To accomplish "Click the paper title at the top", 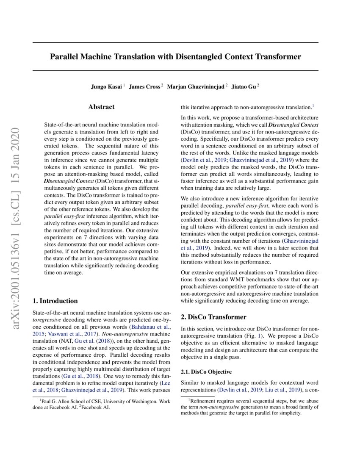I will [x=175, y=56].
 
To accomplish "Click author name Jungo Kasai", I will [x=106, y=86].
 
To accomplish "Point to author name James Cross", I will [x=144, y=86].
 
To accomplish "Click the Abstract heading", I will [x=101, y=107].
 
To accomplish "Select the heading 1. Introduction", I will [x=55, y=301].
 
